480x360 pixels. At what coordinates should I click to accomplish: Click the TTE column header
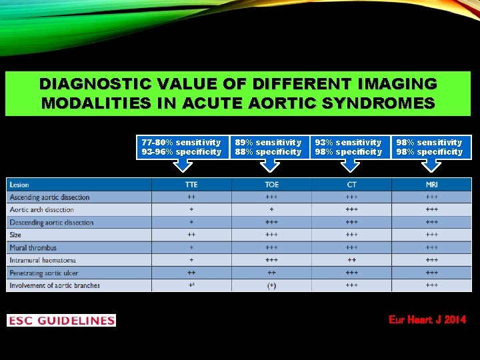tap(191, 185)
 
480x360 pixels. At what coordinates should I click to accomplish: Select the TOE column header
tap(271, 185)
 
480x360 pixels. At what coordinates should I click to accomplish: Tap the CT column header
tap(351, 185)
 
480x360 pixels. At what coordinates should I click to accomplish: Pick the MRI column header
tap(431, 185)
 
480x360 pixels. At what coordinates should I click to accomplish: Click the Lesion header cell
tap(19, 185)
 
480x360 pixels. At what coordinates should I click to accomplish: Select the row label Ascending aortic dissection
tap(49, 197)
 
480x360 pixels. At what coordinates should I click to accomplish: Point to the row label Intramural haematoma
tap(43, 260)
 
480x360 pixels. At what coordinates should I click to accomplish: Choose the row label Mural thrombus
tap(33, 247)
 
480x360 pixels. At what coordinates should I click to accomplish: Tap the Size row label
tap(15, 235)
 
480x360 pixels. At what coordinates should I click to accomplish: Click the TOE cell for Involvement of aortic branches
tap(271, 285)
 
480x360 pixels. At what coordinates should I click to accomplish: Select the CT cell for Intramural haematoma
tap(351, 260)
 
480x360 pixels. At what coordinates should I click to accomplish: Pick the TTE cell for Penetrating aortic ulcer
tap(191, 273)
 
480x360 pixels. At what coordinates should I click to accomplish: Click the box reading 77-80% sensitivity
tap(181, 147)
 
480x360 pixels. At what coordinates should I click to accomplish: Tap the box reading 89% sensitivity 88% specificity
tap(268, 147)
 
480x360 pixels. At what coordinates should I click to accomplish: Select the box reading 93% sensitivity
tap(348, 147)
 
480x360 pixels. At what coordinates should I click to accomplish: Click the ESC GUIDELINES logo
tap(61, 321)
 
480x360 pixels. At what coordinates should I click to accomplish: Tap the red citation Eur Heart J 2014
tap(427, 320)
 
